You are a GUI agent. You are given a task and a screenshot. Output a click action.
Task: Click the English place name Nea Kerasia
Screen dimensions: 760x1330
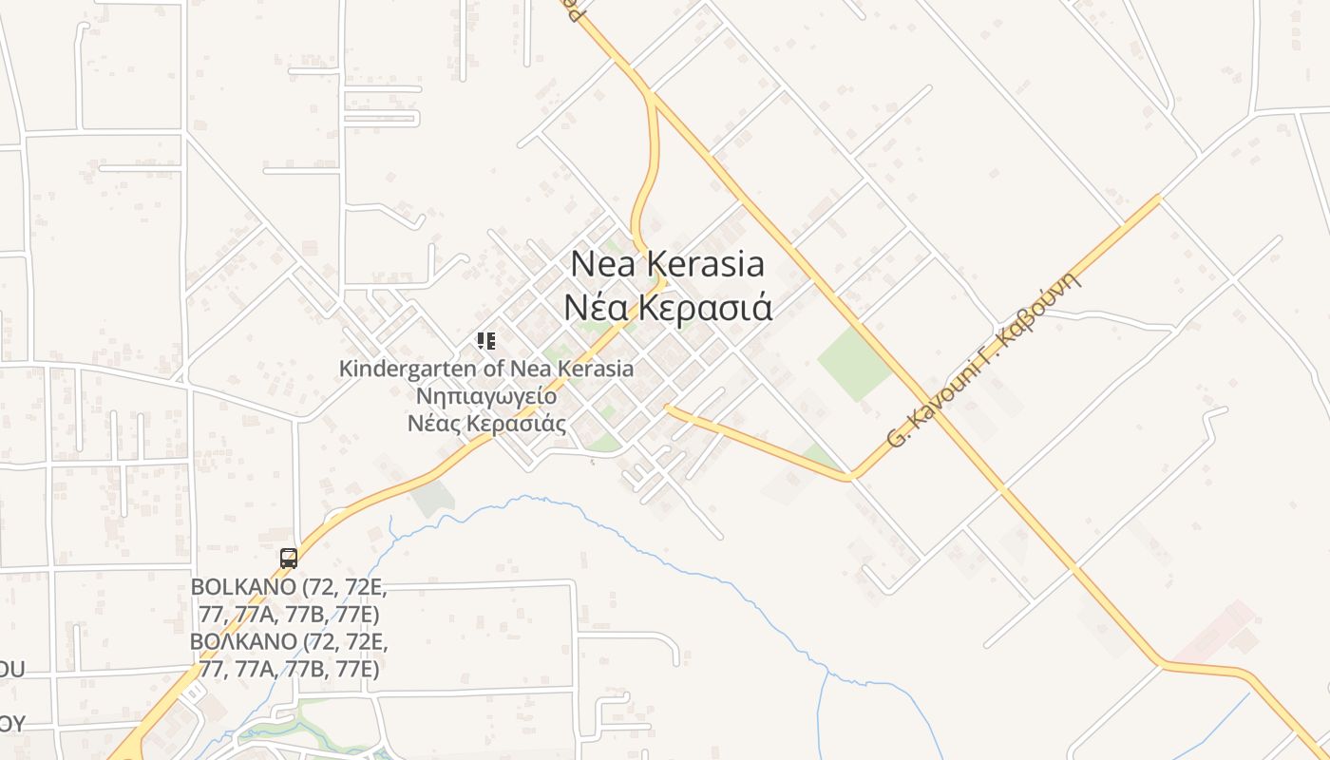(x=667, y=263)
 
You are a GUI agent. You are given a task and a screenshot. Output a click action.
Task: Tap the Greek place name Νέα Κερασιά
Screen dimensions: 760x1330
(x=667, y=308)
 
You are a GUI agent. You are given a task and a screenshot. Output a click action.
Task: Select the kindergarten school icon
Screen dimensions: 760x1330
(x=486, y=341)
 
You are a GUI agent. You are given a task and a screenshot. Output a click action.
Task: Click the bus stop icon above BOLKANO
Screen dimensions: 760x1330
(x=289, y=559)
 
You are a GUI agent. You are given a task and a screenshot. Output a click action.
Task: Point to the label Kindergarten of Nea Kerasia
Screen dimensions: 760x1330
(x=486, y=369)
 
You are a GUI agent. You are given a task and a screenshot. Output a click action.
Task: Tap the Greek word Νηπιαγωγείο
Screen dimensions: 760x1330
(x=486, y=396)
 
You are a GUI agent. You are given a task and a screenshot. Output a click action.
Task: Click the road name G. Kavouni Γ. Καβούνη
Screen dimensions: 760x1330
(x=984, y=359)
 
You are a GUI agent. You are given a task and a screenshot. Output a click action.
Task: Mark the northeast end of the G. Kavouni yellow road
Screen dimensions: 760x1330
(x=1158, y=198)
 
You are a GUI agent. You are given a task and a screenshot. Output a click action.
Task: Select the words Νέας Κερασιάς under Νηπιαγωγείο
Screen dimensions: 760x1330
(x=486, y=424)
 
